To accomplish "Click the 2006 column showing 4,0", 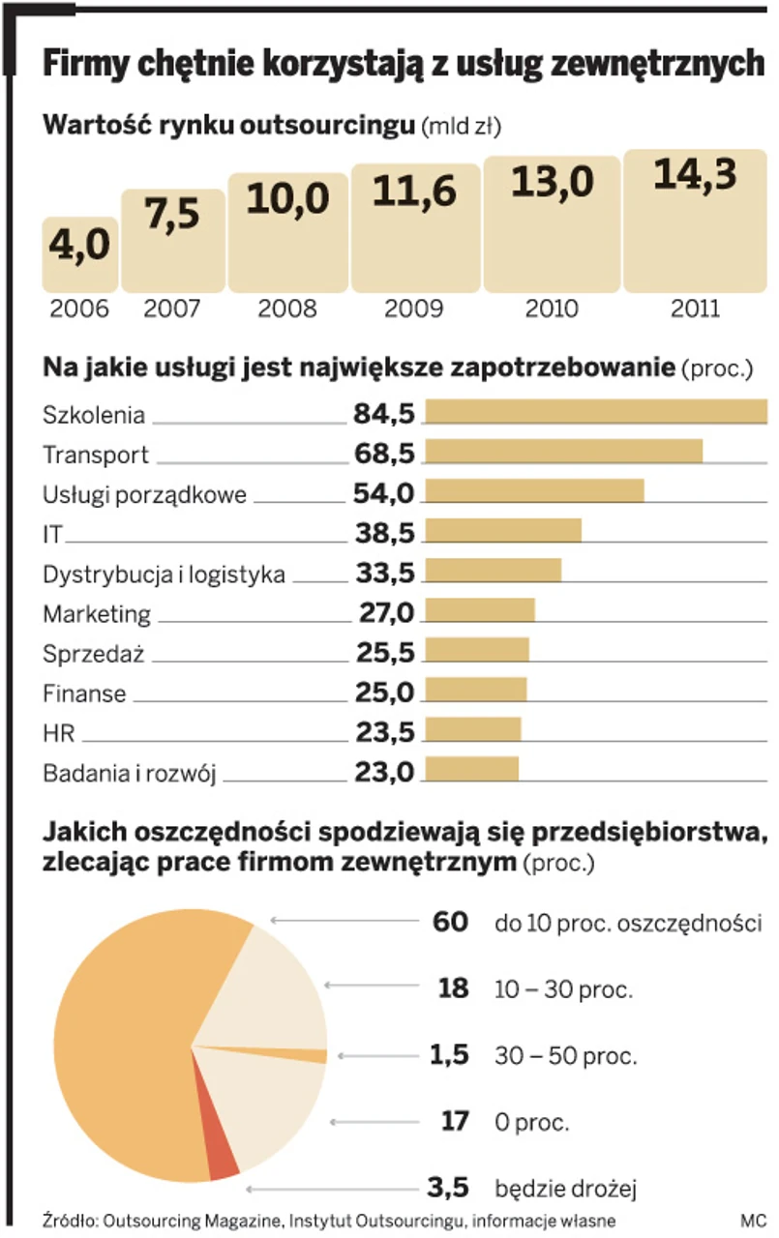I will pyautogui.click(x=80, y=253).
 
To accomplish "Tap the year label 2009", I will pyautogui.click(x=414, y=309).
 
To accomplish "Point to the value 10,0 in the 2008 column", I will pyautogui.click(x=288, y=199).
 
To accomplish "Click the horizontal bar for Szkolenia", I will pyautogui.click(x=596, y=412).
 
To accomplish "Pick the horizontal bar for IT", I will pyautogui.click(x=503, y=531).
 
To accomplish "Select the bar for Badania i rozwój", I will pyautogui.click(x=472, y=769).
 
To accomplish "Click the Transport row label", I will pyautogui.click(x=96, y=455).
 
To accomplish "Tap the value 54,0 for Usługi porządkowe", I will pyautogui.click(x=384, y=493).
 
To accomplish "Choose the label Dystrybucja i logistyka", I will pyautogui.click(x=164, y=575).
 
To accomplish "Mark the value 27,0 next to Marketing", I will pyautogui.click(x=384, y=612).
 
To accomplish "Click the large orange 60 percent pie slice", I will pyautogui.click(x=126, y=1045).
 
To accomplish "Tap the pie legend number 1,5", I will pyautogui.click(x=450, y=1054).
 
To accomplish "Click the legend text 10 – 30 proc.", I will pyautogui.click(x=563, y=990).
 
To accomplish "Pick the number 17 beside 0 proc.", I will pyautogui.click(x=454, y=1122).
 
